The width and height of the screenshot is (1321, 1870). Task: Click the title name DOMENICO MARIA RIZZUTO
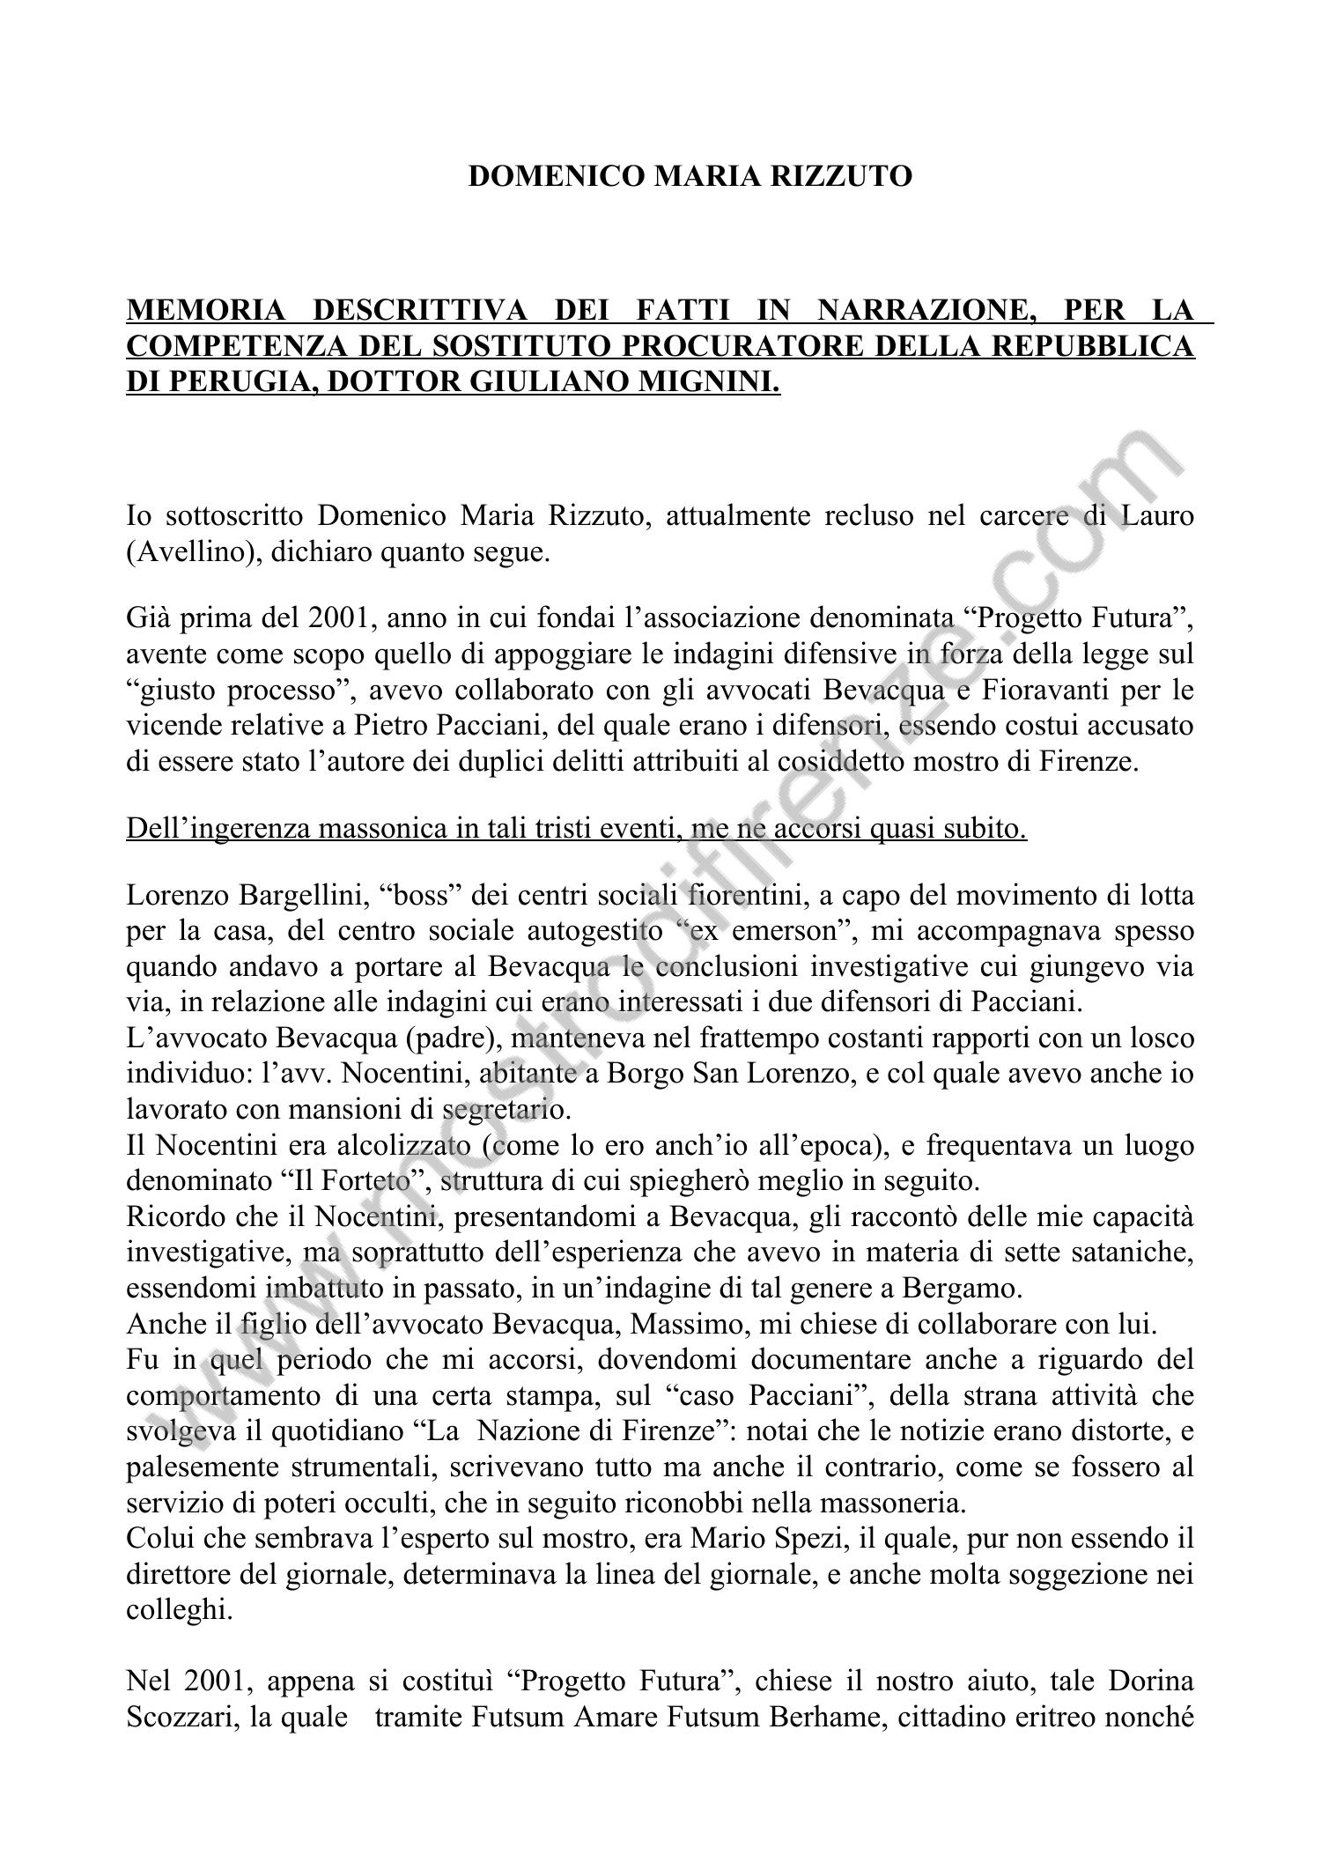point(690,176)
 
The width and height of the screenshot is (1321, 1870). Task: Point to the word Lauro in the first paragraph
point(1158,515)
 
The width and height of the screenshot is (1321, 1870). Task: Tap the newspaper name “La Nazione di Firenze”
point(569,1431)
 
